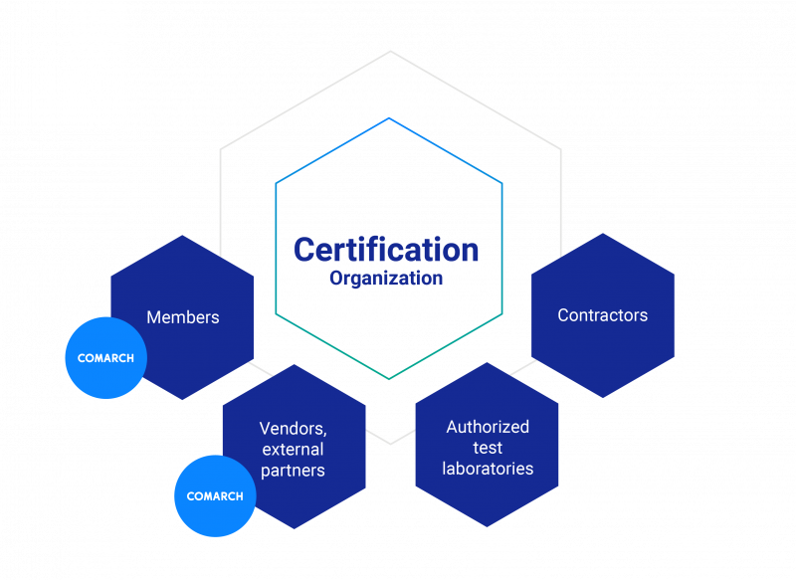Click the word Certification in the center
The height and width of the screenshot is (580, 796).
tap(386, 250)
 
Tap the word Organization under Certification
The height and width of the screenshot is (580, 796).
tap(386, 279)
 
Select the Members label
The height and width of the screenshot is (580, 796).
tap(183, 317)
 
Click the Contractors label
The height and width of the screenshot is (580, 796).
tap(602, 315)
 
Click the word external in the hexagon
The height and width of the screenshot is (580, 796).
tap(293, 450)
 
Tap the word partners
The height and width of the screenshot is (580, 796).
tap(293, 471)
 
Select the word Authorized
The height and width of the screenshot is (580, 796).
tap(488, 427)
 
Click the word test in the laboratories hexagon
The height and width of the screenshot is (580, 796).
tap(488, 448)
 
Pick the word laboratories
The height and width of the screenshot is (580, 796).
tap(488, 469)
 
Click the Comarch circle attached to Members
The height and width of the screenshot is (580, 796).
tap(105, 358)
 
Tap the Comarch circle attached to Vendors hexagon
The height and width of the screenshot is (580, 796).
tap(215, 495)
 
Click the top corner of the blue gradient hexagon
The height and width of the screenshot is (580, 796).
tap(389, 118)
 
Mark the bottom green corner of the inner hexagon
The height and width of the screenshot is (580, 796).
tap(389, 379)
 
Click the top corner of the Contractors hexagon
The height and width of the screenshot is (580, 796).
tap(603, 234)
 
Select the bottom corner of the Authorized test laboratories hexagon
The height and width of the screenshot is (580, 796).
tap(487, 526)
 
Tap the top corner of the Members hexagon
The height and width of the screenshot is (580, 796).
tap(182, 236)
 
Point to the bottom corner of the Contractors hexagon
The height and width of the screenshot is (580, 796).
tap(603, 398)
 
